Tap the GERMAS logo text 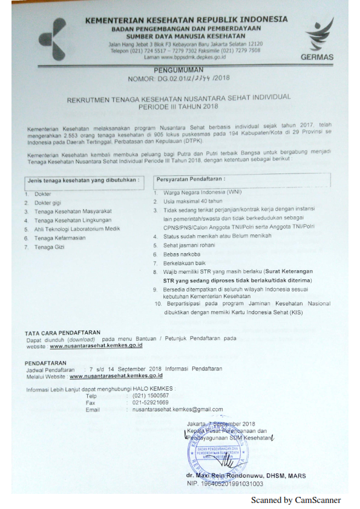(x=317, y=57)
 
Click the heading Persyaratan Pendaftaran (x=191, y=180)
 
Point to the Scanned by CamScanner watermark (x=296, y=500)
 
